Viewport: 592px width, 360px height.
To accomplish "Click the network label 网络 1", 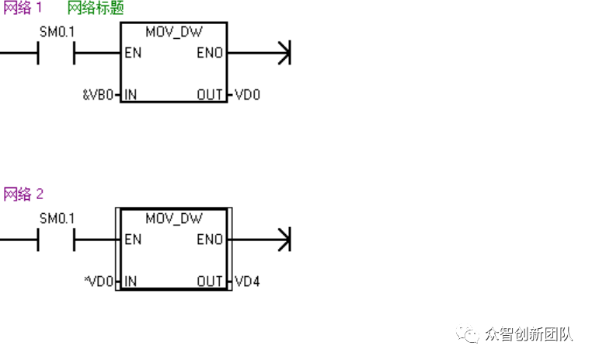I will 23,9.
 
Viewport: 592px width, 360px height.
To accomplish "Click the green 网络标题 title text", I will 96,9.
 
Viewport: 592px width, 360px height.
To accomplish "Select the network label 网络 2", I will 23,194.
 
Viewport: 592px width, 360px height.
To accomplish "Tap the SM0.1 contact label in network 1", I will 57,33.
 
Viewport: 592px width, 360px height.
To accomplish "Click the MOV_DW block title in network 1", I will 173,33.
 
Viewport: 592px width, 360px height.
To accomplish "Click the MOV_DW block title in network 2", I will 173,219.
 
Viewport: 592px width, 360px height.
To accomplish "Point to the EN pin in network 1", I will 133,54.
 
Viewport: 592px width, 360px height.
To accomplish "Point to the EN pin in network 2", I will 133,239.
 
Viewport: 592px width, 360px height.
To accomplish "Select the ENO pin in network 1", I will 211,54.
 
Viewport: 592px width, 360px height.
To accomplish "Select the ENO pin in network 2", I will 211,239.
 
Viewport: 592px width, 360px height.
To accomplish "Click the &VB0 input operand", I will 99,95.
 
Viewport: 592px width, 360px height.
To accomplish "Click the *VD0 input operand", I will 99,281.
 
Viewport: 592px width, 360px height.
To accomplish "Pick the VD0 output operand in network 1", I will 247,95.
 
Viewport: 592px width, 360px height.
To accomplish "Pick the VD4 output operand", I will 247,281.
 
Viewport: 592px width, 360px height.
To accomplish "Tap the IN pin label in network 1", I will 131,95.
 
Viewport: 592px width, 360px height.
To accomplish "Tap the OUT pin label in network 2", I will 210,281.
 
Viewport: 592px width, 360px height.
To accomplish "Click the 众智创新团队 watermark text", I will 528,334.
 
